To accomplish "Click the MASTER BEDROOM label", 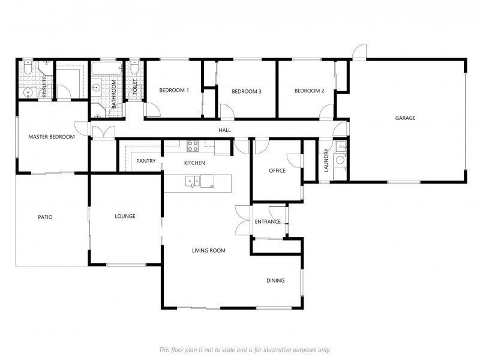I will [x=52, y=137].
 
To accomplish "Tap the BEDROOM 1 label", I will [x=174, y=91].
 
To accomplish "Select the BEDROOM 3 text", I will [x=247, y=91].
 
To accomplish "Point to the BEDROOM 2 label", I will [x=309, y=91].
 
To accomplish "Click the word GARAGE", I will [x=405, y=118].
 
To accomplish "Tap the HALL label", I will [x=224, y=130].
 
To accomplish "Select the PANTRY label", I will [x=146, y=161].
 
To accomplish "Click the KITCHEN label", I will [x=194, y=163].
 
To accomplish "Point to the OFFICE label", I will [x=277, y=171].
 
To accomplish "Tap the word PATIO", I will [x=45, y=217].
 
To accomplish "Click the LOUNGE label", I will [x=125, y=216].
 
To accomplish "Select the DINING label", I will [x=275, y=280].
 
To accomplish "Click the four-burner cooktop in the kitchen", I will [x=193, y=144].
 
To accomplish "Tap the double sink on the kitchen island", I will [x=193, y=179].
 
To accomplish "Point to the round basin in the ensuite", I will [x=28, y=92].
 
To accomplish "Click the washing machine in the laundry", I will [x=340, y=160].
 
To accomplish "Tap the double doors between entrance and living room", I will [x=242, y=220].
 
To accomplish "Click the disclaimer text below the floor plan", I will [x=244, y=349].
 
